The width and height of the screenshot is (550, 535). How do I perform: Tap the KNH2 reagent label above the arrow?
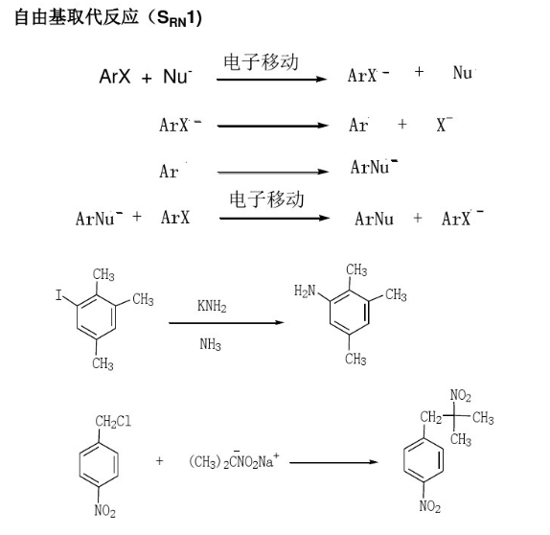[x=212, y=306]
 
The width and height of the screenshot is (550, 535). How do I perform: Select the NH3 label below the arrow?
[x=210, y=344]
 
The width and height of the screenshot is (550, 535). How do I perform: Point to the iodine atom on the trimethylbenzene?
[x=58, y=295]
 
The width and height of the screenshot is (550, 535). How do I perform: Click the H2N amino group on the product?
[x=305, y=291]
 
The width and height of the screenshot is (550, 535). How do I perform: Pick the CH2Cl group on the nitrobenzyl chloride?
[x=113, y=421]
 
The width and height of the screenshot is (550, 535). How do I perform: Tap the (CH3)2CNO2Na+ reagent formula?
[x=234, y=460]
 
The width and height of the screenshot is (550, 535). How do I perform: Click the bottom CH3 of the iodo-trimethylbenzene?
[x=103, y=363]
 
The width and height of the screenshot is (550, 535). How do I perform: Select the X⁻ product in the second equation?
[x=445, y=124]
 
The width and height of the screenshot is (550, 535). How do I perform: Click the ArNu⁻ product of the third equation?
[x=374, y=167]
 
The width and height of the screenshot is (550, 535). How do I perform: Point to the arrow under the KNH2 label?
[x=226, y=322]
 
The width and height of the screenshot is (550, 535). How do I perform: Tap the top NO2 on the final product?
[x=461, y=395]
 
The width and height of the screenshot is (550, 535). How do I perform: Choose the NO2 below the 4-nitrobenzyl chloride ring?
[x=104, y=510]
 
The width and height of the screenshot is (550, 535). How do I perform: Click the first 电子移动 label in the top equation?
[x=262, y=61]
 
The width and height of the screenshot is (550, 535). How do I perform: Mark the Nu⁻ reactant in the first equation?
[x=177, y=76]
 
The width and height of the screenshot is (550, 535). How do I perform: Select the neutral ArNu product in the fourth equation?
[x=374, y=219]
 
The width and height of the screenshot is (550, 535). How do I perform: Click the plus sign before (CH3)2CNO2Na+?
[x=160, y=460]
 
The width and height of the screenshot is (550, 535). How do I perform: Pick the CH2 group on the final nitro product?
[x=431, y=417]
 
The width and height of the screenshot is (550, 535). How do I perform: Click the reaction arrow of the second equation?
[x=273, y=126]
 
